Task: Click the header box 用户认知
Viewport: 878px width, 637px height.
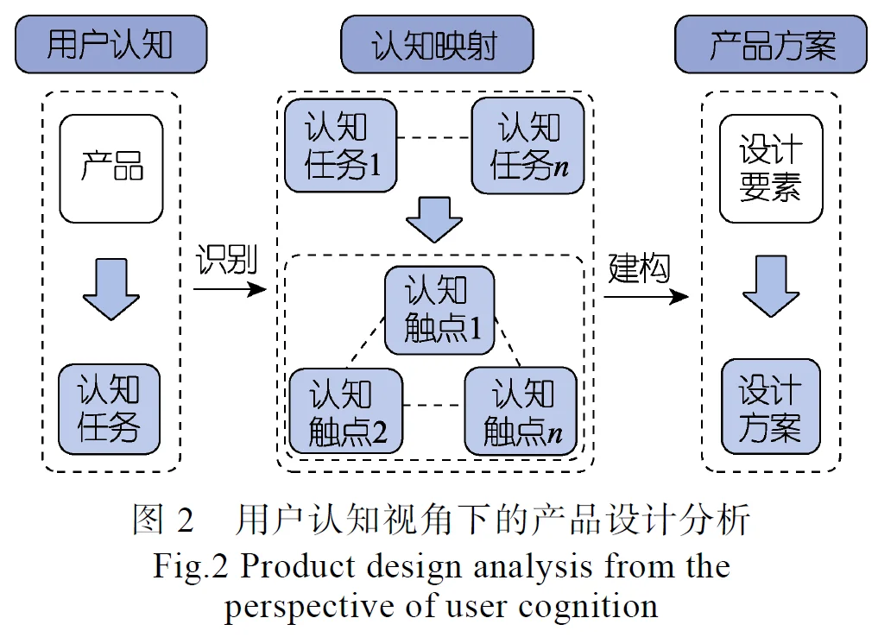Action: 110,45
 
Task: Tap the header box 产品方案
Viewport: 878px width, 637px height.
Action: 771,45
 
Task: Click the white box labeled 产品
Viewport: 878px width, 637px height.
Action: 111,168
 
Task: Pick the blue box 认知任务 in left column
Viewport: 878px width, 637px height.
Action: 110,408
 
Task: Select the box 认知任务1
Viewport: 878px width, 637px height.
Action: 340,146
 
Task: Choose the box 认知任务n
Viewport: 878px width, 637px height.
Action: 527,146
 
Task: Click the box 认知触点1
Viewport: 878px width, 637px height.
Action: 439,310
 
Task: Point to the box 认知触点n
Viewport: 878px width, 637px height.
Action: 521,411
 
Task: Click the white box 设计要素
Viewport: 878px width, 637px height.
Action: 771,168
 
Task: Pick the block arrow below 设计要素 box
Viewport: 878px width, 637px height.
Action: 771,286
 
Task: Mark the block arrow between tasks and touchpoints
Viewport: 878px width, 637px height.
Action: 434,219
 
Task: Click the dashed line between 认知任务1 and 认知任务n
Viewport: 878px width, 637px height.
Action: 433,138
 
